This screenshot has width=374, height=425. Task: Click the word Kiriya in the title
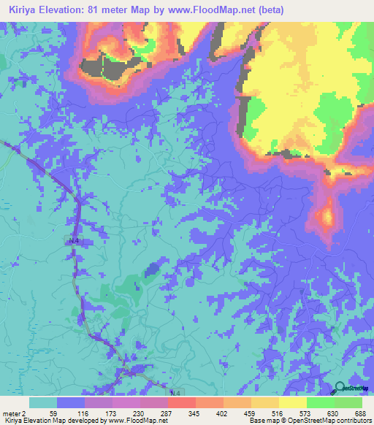20,9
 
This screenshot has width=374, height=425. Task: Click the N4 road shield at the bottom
173,393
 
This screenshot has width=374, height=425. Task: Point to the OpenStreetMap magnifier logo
341,388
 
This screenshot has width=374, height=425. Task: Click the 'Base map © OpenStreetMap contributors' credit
310,421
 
